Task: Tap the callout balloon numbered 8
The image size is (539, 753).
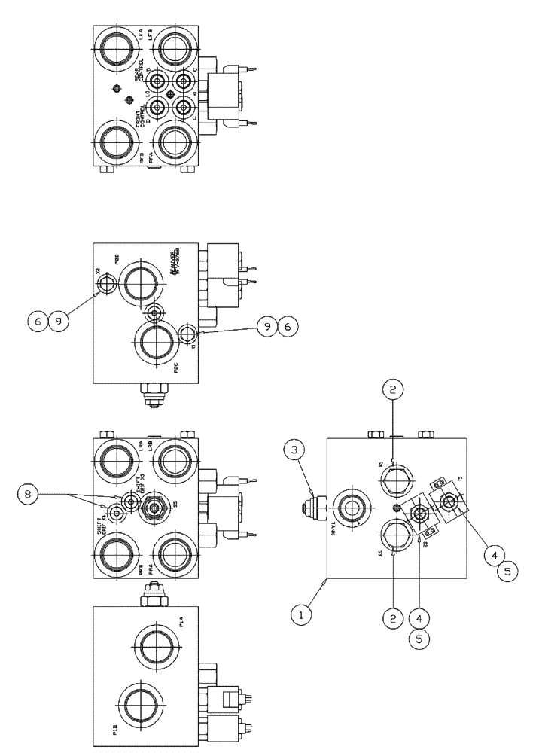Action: point(49,495)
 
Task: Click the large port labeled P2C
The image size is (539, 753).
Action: point(155,346)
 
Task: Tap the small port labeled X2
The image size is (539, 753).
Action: point(105,284)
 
